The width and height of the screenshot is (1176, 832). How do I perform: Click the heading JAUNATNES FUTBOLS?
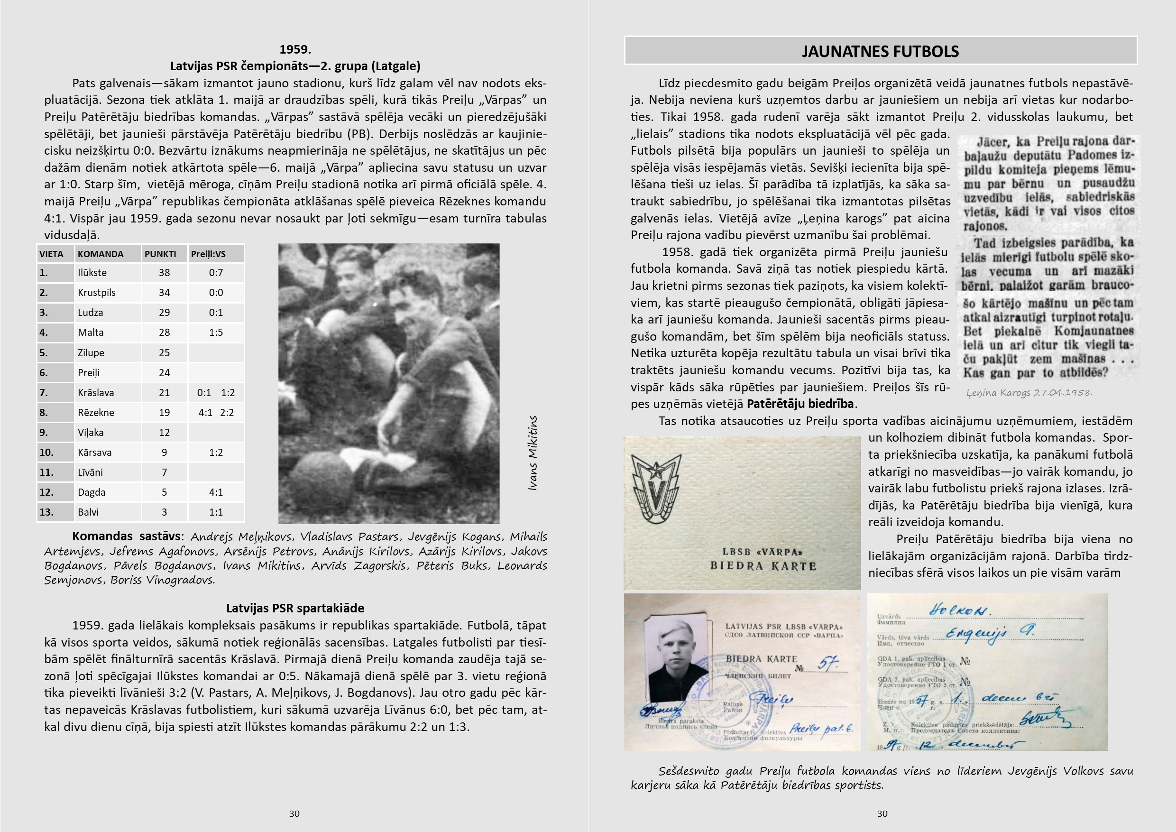[x=880, y=51]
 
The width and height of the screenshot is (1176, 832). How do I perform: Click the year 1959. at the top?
[x=295, y=49]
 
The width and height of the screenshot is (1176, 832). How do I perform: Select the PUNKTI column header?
[x=160, y=254]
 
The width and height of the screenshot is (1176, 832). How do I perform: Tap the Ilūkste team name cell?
[x=92, y=273]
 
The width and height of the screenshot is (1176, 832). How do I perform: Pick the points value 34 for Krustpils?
[x=164, y=293]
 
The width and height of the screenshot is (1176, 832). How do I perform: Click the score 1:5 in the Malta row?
[x=216, y=333]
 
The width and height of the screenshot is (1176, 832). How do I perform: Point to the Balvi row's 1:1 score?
[x=216, y=512]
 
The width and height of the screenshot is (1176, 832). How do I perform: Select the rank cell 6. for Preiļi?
[x=44, y=372]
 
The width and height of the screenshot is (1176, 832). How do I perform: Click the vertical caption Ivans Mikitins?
[x=533, y=453]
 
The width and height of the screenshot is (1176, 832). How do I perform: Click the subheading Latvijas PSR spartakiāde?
[x=295, y=608]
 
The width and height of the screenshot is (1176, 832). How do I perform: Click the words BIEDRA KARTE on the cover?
[x=763, y=566]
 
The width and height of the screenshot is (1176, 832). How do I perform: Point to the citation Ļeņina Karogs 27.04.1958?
[x=1029, y=392]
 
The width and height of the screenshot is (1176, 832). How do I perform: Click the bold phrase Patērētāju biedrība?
[x=800, y=404]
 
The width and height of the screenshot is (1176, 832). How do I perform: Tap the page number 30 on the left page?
[x=294, y=814]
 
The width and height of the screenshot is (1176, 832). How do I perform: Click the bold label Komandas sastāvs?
[x=127, y=536]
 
